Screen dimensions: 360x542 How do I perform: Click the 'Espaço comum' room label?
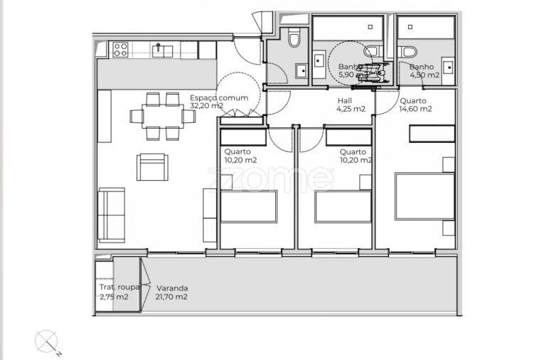pyautogui.click(x=208, y=97)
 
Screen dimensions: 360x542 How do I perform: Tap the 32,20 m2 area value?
pyautogui.click(x=206, y=106)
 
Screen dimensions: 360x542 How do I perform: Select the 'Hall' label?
pyautogui.click(x=344, y=101)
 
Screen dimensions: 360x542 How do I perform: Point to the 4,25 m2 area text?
pyautogui.click(x=351, y=109)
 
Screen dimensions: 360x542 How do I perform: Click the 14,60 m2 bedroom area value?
pyautogui.click(x=415, y=109)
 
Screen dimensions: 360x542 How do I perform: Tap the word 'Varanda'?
pyautogui.click(x=172, y=288)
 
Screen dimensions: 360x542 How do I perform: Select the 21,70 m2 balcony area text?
pyautogui.click(x=171, y=297)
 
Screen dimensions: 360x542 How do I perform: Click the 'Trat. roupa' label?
pyautogui.click(x=119, y=288)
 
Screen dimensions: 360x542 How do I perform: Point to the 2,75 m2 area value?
pyautogui.click(x=114, y=297)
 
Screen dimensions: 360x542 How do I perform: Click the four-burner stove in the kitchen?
pyautogui.click(x=119, y=50)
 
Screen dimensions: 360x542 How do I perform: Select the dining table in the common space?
pyautogui.click(x=158, y=114)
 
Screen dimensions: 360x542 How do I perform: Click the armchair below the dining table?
pyautogui.click(x=153, y=168)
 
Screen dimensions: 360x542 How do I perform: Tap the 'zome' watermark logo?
pyautogui.click(x=270, y=178)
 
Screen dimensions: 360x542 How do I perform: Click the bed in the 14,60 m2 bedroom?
pyautogui.click(x=425, y=196)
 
